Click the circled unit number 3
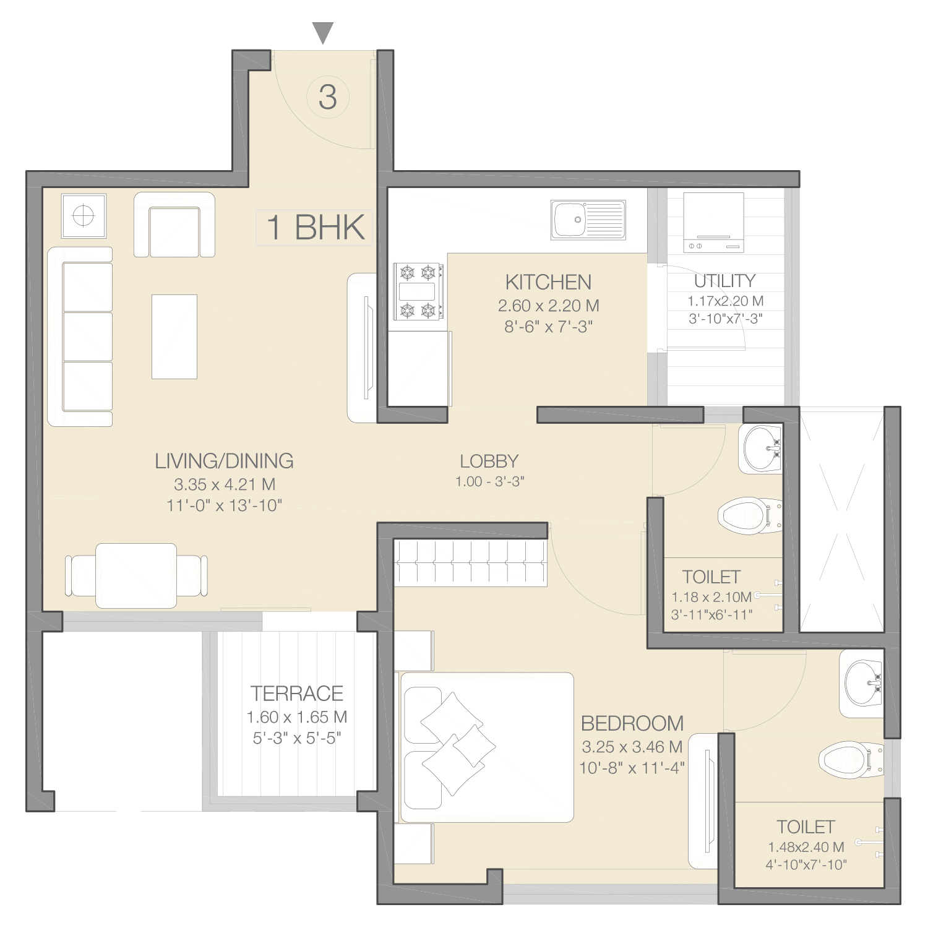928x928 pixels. [x=328, y=97]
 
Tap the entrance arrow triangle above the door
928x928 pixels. [x=323, y=33]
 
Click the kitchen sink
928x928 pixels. [x=588, y=220]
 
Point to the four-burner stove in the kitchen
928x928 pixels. [x=418, y=291]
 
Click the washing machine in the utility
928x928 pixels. [x=713, y=222]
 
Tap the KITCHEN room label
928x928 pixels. [x=548, y=282]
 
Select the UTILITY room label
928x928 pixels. [x=724, y=281]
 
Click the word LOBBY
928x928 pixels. [x=489, y=461]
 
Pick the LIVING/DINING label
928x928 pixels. [x=224, y=461]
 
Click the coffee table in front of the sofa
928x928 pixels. [x=174, y=337]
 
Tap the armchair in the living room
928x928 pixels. [x=174, y=225]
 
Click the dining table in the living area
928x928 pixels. [x=136, y=575]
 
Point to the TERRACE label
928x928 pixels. [x=297, y=694]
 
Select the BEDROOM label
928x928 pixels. [x=632, y=723]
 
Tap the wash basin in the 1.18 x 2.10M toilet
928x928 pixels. [x=761, y=449]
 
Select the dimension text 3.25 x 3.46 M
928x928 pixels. [x=632, y=747]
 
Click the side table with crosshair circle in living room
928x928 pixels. [x=84, y=216]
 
